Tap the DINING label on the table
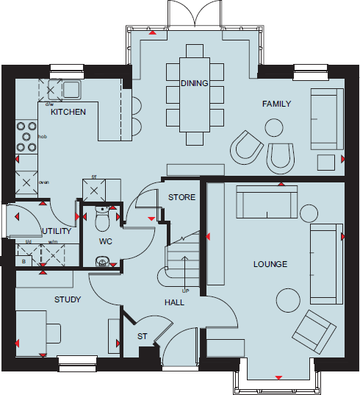click(194, 84)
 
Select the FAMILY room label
click(276, 104)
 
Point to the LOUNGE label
click(270, 264)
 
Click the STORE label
click(181, 198)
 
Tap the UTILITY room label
click(56, 231)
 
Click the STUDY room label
click(68, 299)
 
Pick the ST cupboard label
click(143, 337)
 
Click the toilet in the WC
click(102, 218)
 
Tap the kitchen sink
click(71, 90)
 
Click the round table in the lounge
click(289, 299)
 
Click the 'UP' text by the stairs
click(185, 291)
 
